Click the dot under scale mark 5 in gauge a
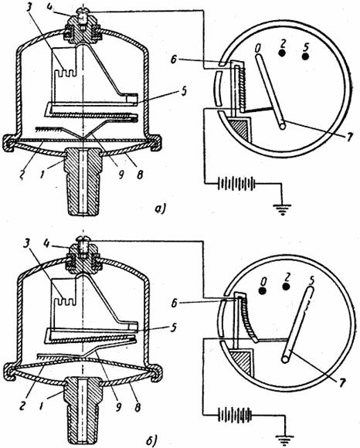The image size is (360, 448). [306, 56]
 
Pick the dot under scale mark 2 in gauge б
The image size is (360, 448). [287, 287]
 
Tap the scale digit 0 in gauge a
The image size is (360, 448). [258, 49]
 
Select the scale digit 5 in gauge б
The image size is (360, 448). [311, 281]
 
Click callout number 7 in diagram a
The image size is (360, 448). [348, 137]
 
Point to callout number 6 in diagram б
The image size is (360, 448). [174, 304]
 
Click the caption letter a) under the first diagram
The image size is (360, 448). [159, 209]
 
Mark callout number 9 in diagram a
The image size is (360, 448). [121, 175]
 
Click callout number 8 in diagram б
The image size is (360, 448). [138, 407]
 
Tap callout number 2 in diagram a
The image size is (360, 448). [22, 175]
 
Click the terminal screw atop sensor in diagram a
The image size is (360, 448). [83, 15]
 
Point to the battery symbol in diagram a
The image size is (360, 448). [236, 183]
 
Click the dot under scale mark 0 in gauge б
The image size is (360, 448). [263, 291]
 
